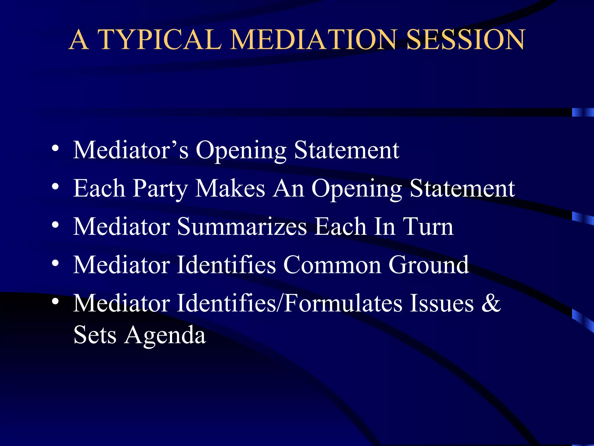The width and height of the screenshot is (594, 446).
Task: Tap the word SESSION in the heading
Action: (x=466, y=40)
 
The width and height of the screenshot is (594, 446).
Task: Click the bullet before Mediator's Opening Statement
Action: (x=55, y=148)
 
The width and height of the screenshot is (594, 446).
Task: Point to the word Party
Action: (x=160, y=189)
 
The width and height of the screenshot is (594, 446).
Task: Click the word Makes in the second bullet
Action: (x=230, y=188)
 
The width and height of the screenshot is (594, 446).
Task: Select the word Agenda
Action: (x=165, y=336)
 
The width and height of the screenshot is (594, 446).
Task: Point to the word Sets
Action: (x=95, y=335)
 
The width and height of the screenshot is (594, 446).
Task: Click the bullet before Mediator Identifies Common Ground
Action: (x=55, y=263)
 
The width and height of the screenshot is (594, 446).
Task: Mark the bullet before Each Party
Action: (x=55, y=187)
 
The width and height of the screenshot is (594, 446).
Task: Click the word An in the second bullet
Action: (x=288, y=188)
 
